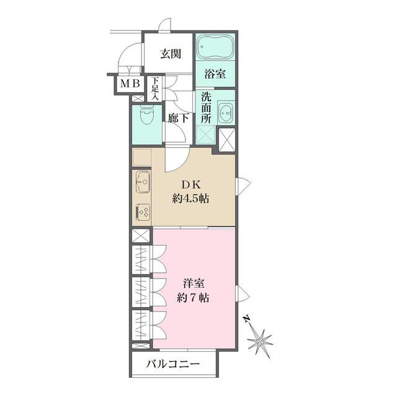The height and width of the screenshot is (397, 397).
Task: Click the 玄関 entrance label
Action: tap(170, 54)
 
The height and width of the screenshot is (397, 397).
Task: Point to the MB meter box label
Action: tap(130, 84)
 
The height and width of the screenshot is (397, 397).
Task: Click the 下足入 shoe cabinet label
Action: tap(156, 87)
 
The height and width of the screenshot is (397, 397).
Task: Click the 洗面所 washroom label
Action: tap(207, 107)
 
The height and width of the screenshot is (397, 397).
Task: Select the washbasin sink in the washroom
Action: tap(226, 114)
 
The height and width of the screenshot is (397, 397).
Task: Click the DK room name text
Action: tap(189, 184)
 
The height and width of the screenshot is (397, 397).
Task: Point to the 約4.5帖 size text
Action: tap(189, 200)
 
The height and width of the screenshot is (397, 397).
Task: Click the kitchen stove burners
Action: tap(143, 212)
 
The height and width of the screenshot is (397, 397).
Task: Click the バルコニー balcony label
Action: tap(173, 364)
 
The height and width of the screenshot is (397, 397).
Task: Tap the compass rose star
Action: tap(259, 340)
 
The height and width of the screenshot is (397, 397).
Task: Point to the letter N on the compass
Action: tap(247, 319)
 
